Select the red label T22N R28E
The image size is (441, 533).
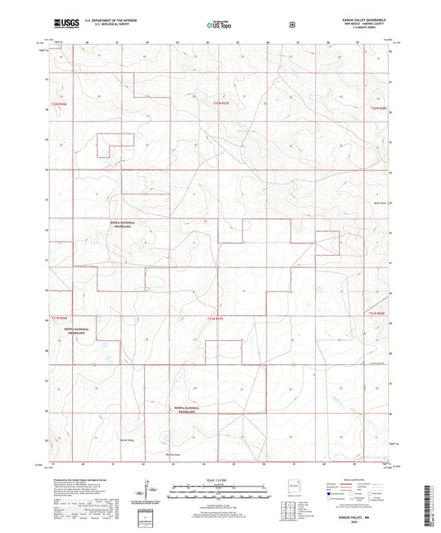378,106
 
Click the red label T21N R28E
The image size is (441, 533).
376,315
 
